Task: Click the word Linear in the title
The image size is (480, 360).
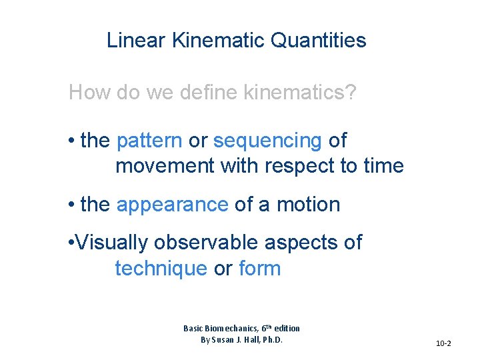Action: [x=136, y=41]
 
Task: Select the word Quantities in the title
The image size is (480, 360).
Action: [x=319, y=41]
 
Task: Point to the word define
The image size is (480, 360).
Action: [x=204, y=92]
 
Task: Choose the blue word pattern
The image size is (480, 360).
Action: [x=149, y=141]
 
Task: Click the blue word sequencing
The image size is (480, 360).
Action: [x=267, y=141]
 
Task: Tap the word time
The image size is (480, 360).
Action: [x=383, y=165]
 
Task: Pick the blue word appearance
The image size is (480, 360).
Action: [x=172, y=205]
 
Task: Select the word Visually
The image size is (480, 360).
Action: [x=114, y=243]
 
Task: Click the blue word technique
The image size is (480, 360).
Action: [x=161, y=269]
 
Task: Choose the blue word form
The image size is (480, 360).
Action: [x=259, y=269]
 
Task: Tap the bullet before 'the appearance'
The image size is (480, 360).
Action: [x=71, y=205]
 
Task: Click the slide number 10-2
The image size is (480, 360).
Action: [x=443, y=343]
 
